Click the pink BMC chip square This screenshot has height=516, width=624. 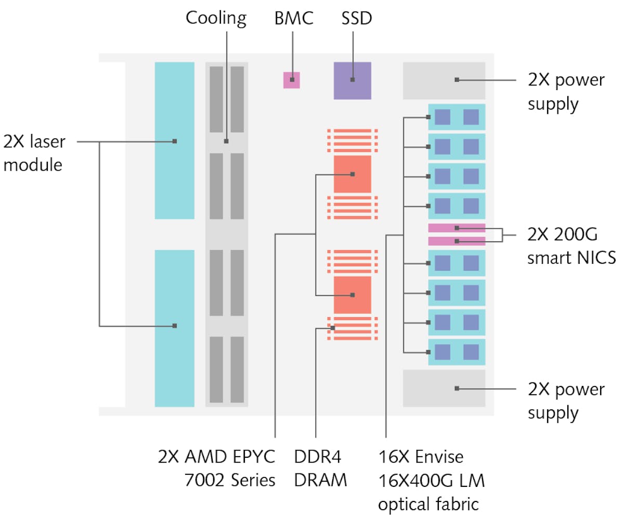pos(292,80)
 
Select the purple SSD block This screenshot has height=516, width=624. pos(353,81)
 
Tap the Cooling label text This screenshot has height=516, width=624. pos(216,18)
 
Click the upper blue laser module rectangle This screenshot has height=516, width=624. pos(175,140)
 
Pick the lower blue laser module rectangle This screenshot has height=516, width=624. pos(175,328)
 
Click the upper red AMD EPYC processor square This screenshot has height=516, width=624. pos(353,174)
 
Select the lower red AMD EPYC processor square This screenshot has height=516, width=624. pos(353,295)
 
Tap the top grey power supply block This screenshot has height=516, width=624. pos(444,81)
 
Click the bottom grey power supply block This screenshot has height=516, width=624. pos(444,388)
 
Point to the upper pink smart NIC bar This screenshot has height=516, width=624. pos(457,228)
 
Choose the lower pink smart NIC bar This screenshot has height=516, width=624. pos(457,241)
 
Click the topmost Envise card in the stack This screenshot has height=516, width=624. pos(457,117)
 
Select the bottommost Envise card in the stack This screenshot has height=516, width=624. pos(457,352)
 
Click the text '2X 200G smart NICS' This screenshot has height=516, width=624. pos(571,246)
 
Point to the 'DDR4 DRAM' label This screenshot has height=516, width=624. pos(320,469)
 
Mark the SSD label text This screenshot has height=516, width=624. pos(356,18)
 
